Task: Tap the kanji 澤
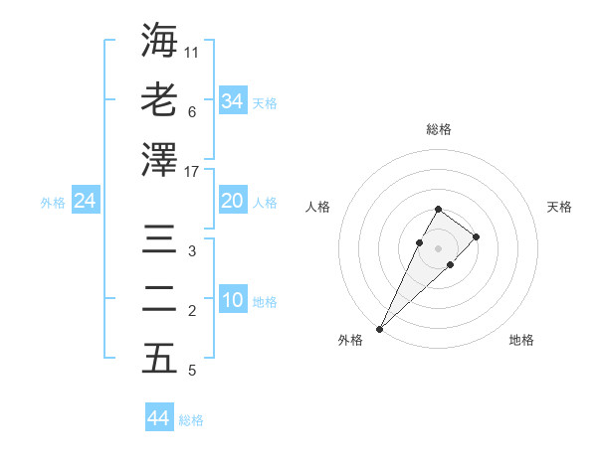(x=159, y=159)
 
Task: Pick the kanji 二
(x=159, y=299)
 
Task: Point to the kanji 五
(x=159, y=359)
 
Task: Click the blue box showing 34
(x=233, y=100)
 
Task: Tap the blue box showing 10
(x=233, y=301)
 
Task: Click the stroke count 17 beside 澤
(x=193, y=172)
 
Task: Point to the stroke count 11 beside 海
(x=192, y=51)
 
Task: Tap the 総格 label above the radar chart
(x=438, y=129)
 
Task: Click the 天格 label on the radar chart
(x=559, y=207)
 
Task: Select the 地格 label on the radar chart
(x=521, y=340)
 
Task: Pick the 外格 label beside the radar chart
(x=350, y=340)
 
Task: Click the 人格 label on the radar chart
(x=317, y=207)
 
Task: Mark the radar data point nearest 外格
(x=380, y=328)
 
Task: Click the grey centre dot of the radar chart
(x=438, y=246)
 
